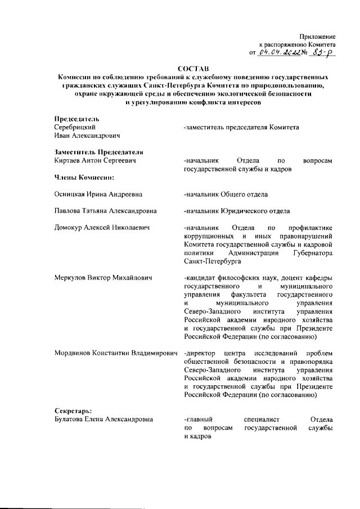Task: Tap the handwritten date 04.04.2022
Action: click(x=280, y=52)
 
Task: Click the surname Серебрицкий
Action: click(x=73, y=128)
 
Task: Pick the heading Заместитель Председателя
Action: click(x=98, y=152)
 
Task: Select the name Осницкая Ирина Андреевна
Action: click(x=98, y=195)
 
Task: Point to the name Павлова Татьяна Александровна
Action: click(x=105, y=211)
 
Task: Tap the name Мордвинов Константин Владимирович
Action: click(x=115, y=353)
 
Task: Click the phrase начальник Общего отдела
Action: click(x=226, y=195)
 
